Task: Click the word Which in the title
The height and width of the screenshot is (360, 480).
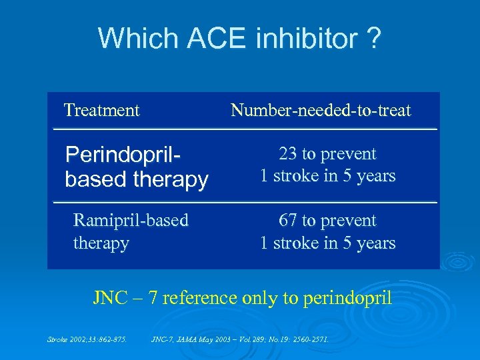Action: [x=137, y=39]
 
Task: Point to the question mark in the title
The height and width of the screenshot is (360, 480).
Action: [x=374, y=39]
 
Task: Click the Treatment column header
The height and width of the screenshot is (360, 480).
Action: [x=101, y=110]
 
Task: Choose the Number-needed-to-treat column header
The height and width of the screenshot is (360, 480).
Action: [x=321, y=110]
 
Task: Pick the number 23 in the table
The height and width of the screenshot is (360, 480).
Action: [x=288, y=154]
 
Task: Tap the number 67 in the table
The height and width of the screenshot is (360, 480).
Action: [x=288, y=221]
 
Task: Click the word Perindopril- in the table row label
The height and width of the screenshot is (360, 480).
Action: [x=124, y=155]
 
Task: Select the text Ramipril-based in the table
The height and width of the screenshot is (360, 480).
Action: [x=131, y=221]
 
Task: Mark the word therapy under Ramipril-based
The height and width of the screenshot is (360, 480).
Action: [x=101, y=243]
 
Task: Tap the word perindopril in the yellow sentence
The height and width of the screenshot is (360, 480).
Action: [x=347, y=298]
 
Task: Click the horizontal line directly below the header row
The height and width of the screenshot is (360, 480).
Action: [x=245, y=129]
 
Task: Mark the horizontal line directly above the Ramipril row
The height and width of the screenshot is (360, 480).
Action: [x=245, y=201]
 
